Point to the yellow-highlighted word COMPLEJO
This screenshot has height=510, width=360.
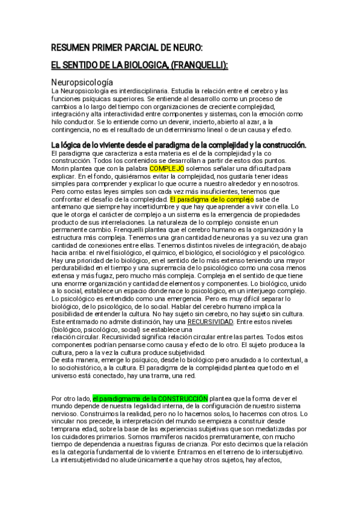[x=166, y=169]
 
